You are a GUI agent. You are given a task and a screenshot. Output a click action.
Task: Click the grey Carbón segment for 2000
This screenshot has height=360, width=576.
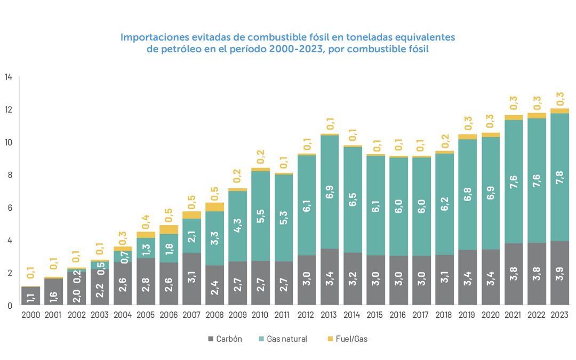(x=31, y=296)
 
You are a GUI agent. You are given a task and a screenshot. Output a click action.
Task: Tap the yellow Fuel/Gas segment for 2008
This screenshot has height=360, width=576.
(x=215, y=207)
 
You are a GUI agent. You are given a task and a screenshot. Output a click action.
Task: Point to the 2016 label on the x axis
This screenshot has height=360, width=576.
(x=399, y=315)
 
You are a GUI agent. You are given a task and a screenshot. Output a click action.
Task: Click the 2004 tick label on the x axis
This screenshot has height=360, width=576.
(x=123, y=315)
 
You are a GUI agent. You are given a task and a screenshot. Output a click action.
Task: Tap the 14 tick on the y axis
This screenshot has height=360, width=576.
(x=8, y=77)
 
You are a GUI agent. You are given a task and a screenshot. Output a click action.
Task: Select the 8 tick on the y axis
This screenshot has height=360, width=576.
(x=9, y=174)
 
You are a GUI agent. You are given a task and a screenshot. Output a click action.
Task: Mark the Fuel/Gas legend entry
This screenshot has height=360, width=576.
(x=347, y=339)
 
